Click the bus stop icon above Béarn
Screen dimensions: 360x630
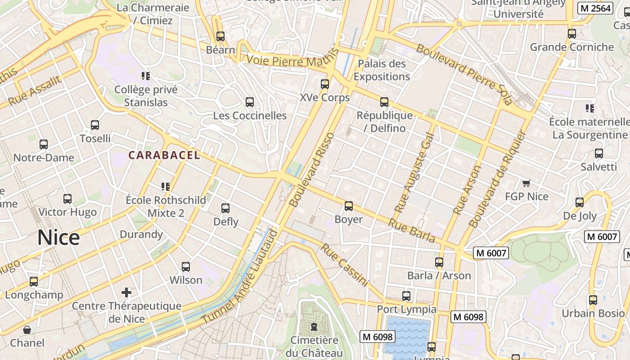pos(220,36)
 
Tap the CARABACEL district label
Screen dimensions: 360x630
pos(164,155)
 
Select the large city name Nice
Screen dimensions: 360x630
pos(58,237)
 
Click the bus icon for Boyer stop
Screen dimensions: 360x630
pos(349,206)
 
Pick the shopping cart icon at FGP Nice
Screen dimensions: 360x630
pos(526,183)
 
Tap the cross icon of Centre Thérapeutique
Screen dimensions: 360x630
pos(126,292)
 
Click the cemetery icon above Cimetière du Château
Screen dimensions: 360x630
pos(314,327)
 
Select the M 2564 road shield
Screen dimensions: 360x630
pos(595,8)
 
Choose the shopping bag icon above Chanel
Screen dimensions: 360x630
pos(27,330)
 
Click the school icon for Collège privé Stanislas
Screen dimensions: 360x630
pos(145,76)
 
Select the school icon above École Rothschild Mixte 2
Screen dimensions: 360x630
pos(165,186)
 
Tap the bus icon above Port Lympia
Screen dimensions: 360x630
pos(406,296)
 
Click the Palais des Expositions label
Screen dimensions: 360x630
pos(382,70)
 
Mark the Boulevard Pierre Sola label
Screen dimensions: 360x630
pos(463,74)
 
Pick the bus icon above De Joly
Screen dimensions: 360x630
pos(580,202)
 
